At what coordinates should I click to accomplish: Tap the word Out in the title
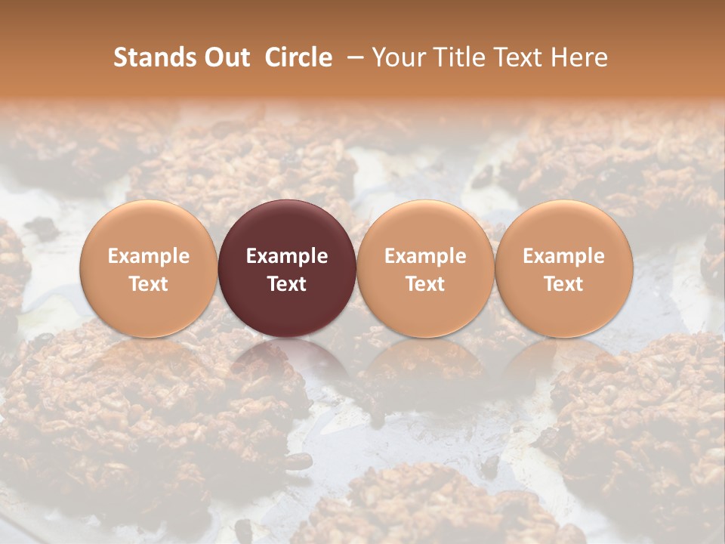pyautogui.click(x=225, y=57)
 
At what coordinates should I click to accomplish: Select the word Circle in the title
pyautogui.click(x=298, y=57)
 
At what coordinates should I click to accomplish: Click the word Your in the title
pyautogui.click(x=400, y=57)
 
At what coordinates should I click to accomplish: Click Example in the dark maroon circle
pyautogui.click(x=287, y=256)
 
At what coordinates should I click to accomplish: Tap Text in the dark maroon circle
pyautogui.click(x=287, y=284)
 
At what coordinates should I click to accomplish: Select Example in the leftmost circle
pyautogui.click(x=148, y=256)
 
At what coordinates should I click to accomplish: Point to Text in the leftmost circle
pyautogui.click(x=148, y=284)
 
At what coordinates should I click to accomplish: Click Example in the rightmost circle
pyautogui.click(x=563, y=256)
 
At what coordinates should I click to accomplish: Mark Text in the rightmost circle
pyautogui.click(x=563, y=284)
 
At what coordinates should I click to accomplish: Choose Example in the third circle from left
pyautogui.click(x=425, y=256)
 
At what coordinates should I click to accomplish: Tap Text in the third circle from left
pyautogui.click(x=425, y=284)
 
